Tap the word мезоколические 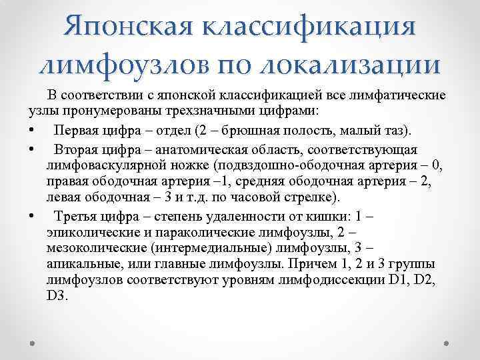89,249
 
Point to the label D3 57,296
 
